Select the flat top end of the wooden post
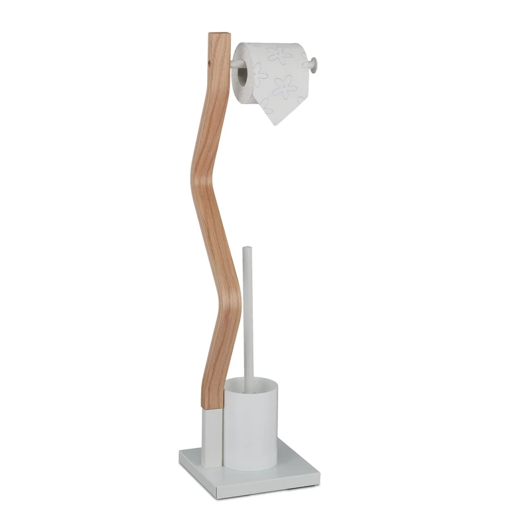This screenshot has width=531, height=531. (x=220, y=35)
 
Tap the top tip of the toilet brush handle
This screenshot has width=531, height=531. (x=247, y=250)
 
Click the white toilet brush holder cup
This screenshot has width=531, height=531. (x=250, y=425)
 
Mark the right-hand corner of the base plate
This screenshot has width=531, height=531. (x=319, y=473)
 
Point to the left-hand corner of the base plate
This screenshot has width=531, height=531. (x=180, y=455)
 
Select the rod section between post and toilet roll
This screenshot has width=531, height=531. (x=233, y=64)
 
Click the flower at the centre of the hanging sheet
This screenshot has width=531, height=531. (x=284, y=86)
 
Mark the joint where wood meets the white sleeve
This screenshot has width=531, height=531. (x=212, y=408)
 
